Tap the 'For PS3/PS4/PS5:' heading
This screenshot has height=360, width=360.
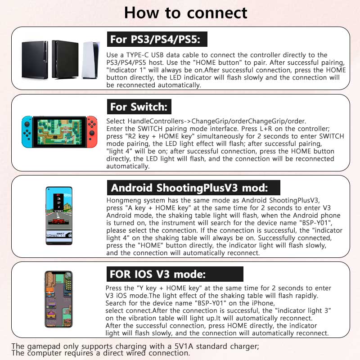point(157,39)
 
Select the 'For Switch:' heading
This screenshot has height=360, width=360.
point(139,107)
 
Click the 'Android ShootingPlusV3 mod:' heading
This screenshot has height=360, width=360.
point(189,188)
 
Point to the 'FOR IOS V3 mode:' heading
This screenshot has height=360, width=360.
point(157,274)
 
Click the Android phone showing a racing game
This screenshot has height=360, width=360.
point(59,216)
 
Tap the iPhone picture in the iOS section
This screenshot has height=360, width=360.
point(58,299)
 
